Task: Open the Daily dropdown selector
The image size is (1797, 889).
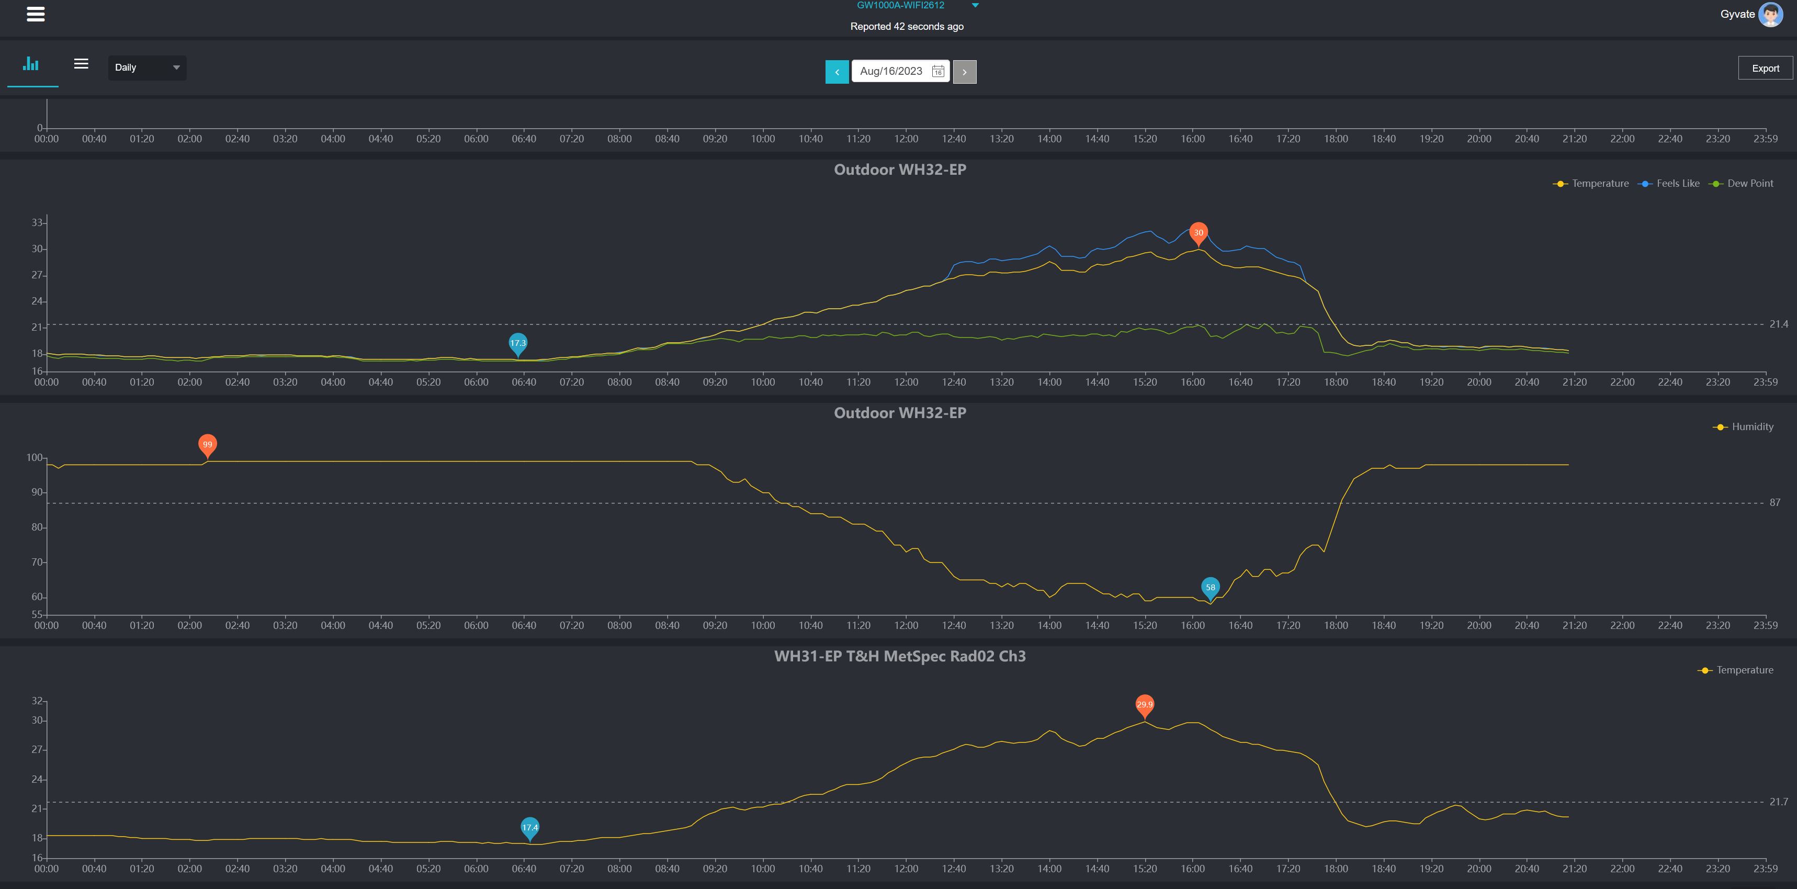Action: [146, 67]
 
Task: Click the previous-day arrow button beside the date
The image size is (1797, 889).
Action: [837, 72]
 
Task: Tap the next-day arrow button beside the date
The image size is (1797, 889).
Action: [964, 72]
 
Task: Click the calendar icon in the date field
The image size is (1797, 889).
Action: [937, 71]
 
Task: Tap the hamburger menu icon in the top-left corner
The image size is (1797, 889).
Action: [36, 14]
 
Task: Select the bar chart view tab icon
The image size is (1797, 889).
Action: [31, 64]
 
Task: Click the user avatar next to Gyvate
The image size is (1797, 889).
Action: [1770, 14]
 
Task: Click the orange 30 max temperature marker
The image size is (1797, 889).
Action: [1198, 232]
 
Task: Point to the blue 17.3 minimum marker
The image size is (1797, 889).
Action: [517, 343]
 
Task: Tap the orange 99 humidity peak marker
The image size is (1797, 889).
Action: [207, 445]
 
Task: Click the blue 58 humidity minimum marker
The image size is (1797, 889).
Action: [1211, 587]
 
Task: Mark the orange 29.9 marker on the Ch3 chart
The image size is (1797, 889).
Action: [1144, 704]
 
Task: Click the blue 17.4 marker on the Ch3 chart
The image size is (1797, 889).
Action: [529, 828]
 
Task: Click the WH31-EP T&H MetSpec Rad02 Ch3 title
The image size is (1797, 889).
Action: [899, 656]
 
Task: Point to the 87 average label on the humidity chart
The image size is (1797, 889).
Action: [1774, 502]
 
